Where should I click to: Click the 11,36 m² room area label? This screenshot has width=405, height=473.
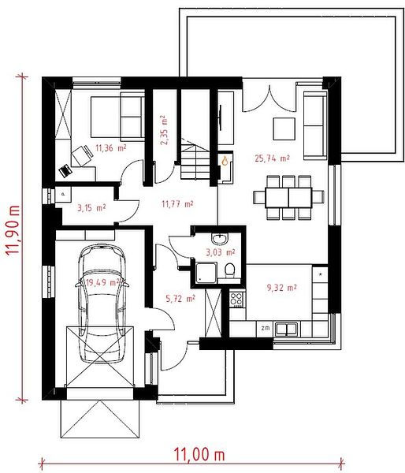[x=110, y=148]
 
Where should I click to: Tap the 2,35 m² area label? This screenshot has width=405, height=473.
[x=164, y=130]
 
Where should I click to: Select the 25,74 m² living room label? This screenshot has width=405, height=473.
[x=272, y=158]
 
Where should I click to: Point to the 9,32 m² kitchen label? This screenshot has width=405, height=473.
[x=281, y=288]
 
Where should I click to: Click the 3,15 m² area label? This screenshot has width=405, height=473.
[x=91, y=208]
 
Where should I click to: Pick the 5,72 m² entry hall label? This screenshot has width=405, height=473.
[x=180, y=299]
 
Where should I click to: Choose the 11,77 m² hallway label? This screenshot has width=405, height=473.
[x=177, y=204]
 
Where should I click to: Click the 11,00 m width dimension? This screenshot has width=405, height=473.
[x=199, y=454]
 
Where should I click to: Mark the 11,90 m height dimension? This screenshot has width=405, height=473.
[x=13, y=230]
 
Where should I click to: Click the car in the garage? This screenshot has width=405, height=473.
[x=102, y=304]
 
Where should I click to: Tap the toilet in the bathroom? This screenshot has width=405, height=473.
[x=230, y=270]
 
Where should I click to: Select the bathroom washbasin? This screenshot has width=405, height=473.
[x=220, y=239]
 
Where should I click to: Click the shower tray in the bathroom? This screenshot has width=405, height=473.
[x=206, y=273]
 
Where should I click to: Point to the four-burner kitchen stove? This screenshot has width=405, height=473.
[x=236, y=300]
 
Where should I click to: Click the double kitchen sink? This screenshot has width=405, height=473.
[x=287, y=329]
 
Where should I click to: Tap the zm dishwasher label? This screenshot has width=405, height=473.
[x=266, y=328]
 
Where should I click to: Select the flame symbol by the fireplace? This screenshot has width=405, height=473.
[x=225, y=161]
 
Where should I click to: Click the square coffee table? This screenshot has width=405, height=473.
[x=284, y=128]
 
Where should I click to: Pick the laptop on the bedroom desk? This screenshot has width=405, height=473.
[x=65, y=171]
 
